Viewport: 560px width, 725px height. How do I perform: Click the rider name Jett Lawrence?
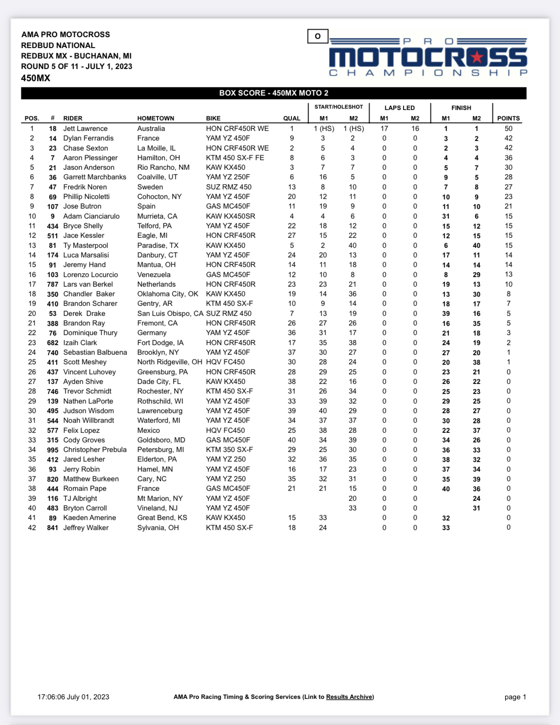85,129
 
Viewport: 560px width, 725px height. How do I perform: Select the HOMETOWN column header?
155,118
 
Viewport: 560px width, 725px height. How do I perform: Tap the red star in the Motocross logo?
478,57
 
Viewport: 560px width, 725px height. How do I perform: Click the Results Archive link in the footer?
349,697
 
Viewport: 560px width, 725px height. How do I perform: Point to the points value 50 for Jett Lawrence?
508,129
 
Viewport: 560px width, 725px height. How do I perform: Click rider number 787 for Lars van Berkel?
52,284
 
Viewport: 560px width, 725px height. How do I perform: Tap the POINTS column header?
508,118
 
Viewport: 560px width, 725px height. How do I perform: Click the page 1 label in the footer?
515,697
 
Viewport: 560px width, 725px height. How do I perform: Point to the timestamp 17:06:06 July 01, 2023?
73,697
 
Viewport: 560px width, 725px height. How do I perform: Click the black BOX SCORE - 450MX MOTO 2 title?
273,93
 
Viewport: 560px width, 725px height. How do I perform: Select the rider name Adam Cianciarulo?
91,216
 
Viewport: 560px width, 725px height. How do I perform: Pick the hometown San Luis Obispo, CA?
170,314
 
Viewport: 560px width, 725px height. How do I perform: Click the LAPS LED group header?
400,108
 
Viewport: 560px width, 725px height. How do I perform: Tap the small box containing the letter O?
318,36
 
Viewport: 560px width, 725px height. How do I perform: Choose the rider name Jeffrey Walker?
86,528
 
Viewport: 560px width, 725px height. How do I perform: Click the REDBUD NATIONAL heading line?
58,45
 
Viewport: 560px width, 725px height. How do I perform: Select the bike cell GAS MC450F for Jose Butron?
228,206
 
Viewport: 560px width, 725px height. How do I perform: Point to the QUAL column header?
291,118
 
